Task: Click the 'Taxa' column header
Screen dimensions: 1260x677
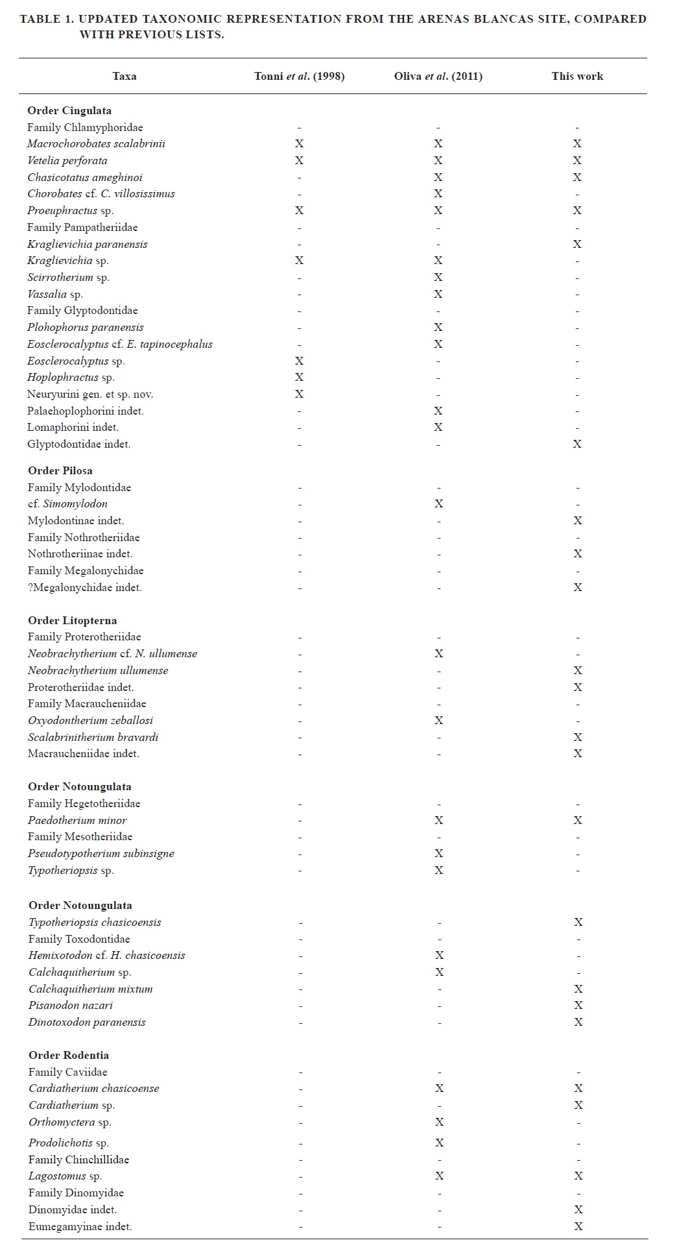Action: click(124, 77)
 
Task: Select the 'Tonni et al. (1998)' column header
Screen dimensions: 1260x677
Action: click(299, 77)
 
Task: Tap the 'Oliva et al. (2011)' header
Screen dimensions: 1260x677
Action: click(438, 77)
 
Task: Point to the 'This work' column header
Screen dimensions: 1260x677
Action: click(577, 77)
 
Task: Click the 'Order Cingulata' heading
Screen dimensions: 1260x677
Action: click(69, 111)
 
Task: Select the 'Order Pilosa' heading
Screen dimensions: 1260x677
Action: click(60, 471)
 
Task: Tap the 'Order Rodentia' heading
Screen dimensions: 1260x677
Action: click(69, 1056)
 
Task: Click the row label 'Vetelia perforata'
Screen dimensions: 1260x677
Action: click(67, 161)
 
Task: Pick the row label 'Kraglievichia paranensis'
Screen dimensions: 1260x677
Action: click(88, 245)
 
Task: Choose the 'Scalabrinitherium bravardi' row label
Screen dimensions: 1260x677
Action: click(93, 738)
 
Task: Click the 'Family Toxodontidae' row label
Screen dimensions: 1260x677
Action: click(79, 939)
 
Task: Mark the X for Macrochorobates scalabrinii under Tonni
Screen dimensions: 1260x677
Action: click(299, 144)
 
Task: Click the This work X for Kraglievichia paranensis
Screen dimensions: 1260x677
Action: click(577, 245)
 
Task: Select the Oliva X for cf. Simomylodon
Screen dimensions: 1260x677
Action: click(438, 504)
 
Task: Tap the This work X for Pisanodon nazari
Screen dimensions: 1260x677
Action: click(577, 1006)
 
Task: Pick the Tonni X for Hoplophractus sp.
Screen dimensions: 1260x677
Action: click(299, 378)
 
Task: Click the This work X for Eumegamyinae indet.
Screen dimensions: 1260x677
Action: click(578, 1227)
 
